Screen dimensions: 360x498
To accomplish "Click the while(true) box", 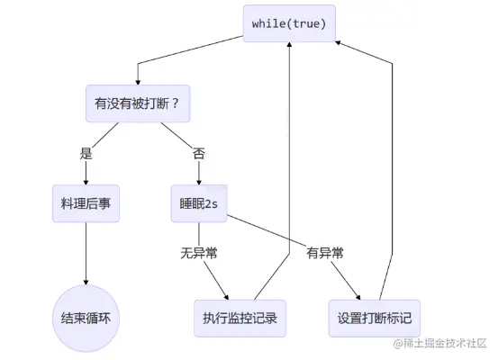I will [289, 22].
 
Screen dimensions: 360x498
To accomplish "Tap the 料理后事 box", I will [86, 204].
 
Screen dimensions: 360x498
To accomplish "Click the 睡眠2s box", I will [199, 204].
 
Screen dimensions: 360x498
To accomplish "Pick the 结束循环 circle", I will [86, 318].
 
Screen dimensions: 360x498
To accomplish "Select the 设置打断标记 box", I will [373, 318].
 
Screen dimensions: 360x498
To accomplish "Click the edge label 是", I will [86, 153].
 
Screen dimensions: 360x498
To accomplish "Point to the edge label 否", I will [199, 153].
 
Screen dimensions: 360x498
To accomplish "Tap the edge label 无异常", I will [199, 255].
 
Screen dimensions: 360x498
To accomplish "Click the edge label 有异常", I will [324, 255].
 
